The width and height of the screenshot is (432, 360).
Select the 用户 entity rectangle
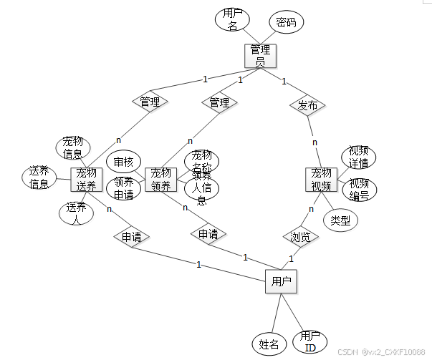click(x=281, y=281)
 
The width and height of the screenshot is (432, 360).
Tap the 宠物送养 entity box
click(x=86, y=179)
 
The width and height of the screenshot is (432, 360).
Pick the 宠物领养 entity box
click(x=160, y=179)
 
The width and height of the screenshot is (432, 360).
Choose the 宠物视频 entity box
click(x=321, y=180)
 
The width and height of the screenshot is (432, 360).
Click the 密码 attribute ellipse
click(x=286, y=22)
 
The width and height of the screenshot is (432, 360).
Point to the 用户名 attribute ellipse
click(x=232, y=19)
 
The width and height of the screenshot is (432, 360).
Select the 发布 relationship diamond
click(x=307, y=104)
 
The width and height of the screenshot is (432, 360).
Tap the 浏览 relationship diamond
click(x=300, y=237)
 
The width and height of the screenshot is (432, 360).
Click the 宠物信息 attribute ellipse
click(x=73, y=147)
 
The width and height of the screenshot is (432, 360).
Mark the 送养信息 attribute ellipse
click(x=39, y=177)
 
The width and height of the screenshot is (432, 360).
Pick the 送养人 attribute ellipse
click(x=75, y=213)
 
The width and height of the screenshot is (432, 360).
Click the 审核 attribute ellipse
click(x=124, y=162)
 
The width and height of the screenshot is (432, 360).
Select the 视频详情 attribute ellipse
click(x=358, y=157)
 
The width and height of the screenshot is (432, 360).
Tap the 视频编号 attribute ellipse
click(x=359, y=190)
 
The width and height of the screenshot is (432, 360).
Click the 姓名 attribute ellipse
click(x=269, y=344)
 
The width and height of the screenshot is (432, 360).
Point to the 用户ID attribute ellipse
click(x=309, y=342)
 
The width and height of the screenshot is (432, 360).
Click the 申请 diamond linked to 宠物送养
click(x=130, y=235)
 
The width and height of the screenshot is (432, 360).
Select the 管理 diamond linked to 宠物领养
click(x=219, y=102)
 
